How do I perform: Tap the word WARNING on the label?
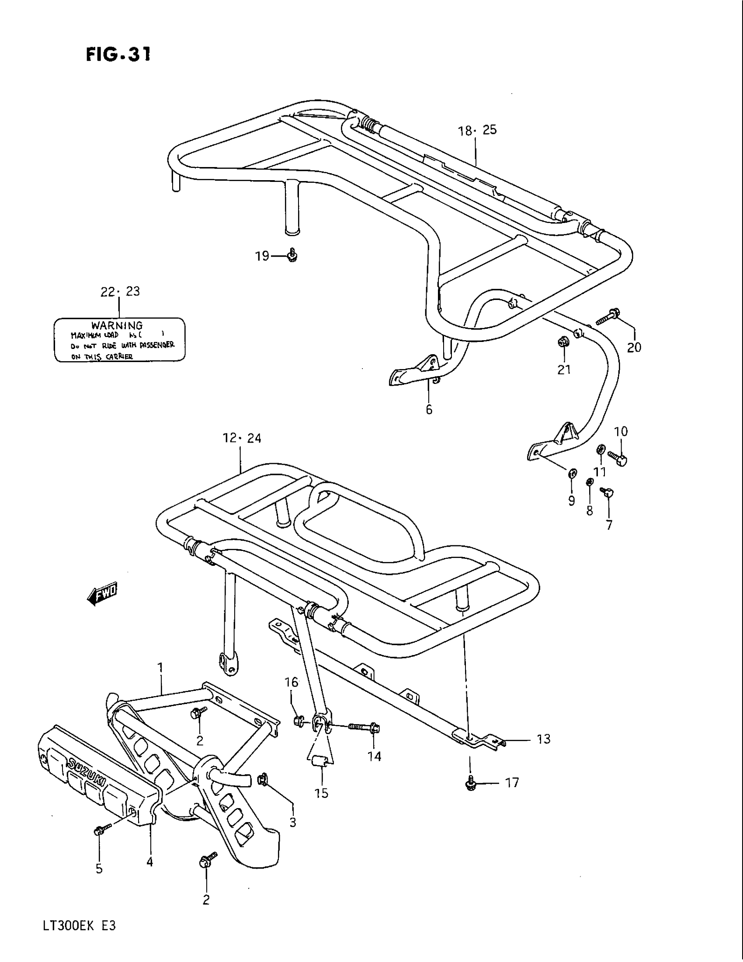coord(117,325)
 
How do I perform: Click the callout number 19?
coord(262,256)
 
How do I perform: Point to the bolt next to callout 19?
coord(292,255)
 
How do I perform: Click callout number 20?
coord(634,348)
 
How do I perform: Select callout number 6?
coord(429,410)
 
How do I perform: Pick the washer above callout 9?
coord(572,474)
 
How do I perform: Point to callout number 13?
coord(544,739)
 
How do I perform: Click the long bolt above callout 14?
coord(363,728)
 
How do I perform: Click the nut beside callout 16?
coord(299,721)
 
